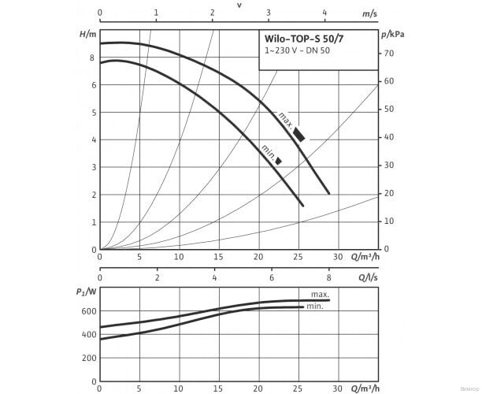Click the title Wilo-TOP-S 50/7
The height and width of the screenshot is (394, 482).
click(303, 39)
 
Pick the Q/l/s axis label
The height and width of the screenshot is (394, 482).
click(369, 277)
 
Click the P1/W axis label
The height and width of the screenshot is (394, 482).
click(87, 292)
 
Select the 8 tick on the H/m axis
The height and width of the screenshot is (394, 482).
click(92, 58)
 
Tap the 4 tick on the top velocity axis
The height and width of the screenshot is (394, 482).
click(325, 13)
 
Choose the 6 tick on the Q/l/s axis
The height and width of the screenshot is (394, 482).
click(272, 277)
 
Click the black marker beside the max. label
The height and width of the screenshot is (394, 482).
click(299, 134)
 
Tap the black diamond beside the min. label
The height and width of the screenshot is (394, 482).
click(278, 161)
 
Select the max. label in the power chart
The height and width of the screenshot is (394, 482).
click(319, 293)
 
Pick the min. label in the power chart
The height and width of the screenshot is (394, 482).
click(315, 306)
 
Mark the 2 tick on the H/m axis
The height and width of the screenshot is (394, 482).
click(92, 195)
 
